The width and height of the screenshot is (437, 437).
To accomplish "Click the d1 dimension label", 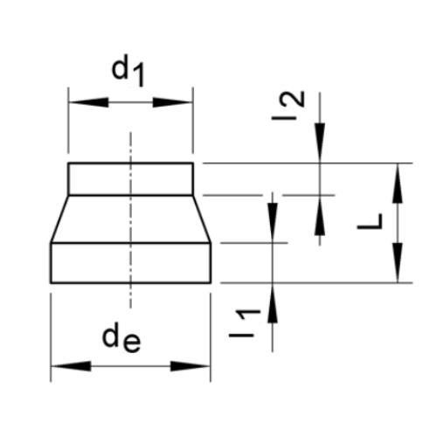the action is [128, 73].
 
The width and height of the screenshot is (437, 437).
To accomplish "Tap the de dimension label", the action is [121, 339].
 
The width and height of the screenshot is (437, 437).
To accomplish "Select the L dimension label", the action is [370, 221].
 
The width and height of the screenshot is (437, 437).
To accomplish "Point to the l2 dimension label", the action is [288, 106].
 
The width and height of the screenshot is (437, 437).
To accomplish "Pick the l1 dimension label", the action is [245, 323].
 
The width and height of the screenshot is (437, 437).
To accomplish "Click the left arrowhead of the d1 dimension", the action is [88, 102].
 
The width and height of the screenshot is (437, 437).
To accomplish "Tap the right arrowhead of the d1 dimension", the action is [172, 102].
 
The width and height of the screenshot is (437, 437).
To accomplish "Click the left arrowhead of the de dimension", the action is [71, 366].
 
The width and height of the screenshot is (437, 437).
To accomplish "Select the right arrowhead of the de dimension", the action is [191, 366].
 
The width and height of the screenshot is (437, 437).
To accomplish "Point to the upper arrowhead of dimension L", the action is [398, 183].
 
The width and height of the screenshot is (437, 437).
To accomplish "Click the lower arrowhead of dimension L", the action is [398, 262].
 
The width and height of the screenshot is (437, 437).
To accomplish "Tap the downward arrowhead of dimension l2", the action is [320, 143].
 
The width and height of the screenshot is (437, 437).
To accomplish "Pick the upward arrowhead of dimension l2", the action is [320, 215].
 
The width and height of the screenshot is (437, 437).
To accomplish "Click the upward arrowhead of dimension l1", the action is [273, 302].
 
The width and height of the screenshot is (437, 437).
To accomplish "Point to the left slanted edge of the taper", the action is [59, 218].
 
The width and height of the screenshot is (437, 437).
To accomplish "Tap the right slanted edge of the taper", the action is [202, 218].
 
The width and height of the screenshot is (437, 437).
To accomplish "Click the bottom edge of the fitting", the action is [130, 282].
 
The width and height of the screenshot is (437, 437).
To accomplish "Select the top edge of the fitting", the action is [130, 163].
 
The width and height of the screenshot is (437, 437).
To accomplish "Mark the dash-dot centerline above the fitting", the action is [130, 147].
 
